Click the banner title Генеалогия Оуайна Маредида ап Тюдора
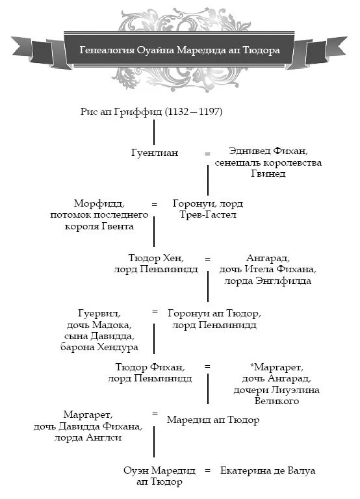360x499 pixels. pyautogui.click(x=180, y=50)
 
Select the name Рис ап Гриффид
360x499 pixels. pyautogui.click(x=122, y=112)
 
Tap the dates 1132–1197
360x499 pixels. pyautogui.click(x=194, y=112)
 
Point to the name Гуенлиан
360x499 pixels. pyautogui.click(x=155, y=153)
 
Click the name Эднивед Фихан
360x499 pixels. pyautogui.click(x=268, y=151)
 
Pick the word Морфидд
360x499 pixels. pyautogui.click(x=99, y=203)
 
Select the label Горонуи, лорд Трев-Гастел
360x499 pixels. pyautogui.click(x=208, y=209)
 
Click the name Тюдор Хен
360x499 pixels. pyautogui.click(x=156, y=258)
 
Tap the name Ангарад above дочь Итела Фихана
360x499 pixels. pyautogui.click(x=268, y=258)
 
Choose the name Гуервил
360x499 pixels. pyautogui.click(x=99, y=313)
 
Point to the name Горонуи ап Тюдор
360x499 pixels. pyautogui.click(x=214, y=313)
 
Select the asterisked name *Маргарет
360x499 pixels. pyautogui.click(x=277, y=367)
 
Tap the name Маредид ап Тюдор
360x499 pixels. pyautogui.click(x=213, y=420)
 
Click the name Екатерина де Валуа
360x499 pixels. pyautogui.click(x=268, y=470)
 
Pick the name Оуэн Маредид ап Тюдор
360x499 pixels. pyautogui.click(x=159, y=476)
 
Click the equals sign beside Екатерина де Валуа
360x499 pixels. pyautogui.click(x=207, y=470)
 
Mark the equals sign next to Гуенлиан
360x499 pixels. pyautogui.click(x=207, y=154)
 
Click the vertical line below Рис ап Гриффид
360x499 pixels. pyautogui.click(x=154, y=132)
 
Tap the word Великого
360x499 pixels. pyautogui.click(x=277, y=401)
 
